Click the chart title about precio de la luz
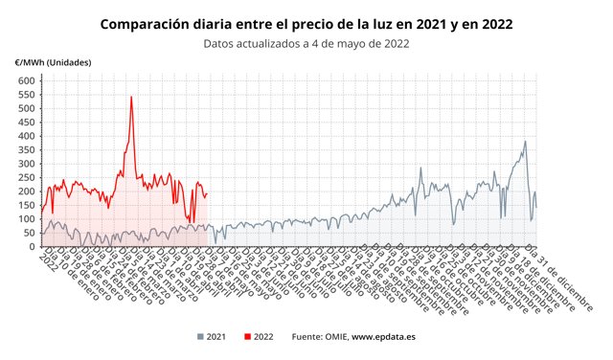coord(306,22)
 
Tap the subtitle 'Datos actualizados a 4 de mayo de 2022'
coord(306,42)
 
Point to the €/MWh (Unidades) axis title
coord(54,63)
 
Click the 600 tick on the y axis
coord(25,81)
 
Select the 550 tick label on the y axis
coord(25,95)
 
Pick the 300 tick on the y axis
coord(25,164)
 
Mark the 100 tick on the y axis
coord(25,219)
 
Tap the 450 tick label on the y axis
coord(25,123)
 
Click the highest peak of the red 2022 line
coord(131,97)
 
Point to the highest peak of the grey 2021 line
coord(525,142)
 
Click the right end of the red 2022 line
coord(207,193)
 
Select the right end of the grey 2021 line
coord(536,207)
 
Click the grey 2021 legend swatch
coord(199,336)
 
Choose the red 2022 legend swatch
coord(247,336)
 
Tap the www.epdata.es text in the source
coord(383,336)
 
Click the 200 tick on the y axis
coord(25,191)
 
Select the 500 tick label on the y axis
coord(25,109)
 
